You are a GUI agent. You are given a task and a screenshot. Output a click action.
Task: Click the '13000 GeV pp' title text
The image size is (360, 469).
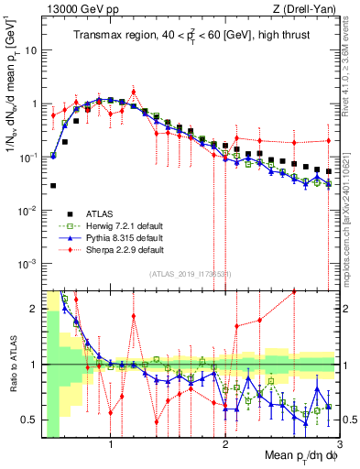pyautogui.click(x=69, y=8)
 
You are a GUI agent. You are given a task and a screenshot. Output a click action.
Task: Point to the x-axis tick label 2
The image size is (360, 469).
pyautogui.click(x=225, y=446)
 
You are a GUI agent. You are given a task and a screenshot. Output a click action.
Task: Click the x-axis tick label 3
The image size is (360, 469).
pyautogui.click(x=339, y=446)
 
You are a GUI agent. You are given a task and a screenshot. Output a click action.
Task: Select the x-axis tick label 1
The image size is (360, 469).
pyautogui.click(x=111, y=446)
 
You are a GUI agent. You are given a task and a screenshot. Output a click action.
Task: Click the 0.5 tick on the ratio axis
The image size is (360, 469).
pyautogui.click(x=30, y=420)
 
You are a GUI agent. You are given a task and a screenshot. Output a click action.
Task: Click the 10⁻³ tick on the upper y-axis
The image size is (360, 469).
pyautogui.click(x=28, y=264)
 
